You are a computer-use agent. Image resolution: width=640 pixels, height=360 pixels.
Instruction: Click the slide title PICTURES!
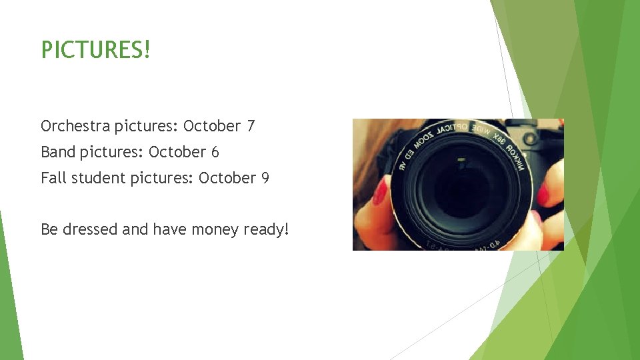[x=96, y=49]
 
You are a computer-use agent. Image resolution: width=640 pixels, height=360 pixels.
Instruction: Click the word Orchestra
[x=75, y=126]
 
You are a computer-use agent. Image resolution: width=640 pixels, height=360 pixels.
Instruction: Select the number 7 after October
[x=250, y=126]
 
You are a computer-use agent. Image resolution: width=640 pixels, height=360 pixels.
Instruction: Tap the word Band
[x=58, y=152]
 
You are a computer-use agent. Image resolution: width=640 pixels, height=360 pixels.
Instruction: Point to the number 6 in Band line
[x=215, y=152]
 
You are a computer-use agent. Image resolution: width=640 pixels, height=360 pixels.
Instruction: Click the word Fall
[x=52, y=178]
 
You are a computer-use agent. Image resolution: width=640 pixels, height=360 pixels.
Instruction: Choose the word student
[x=94, y=178]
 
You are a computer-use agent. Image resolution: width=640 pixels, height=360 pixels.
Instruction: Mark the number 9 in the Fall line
[x=265, y=178]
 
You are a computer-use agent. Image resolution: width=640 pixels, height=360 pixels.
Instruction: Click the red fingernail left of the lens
[x=380, y=192]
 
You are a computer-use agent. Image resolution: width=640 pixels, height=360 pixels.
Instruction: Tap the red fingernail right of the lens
[x=543, y=195]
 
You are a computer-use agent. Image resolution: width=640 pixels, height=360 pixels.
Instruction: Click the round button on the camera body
[x=531, y=139]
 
